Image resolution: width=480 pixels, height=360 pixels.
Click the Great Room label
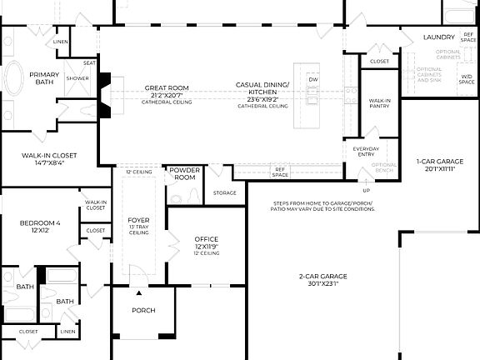click(x=167, y=87)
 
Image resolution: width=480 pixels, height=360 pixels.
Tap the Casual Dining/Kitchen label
click(x=262, y=88)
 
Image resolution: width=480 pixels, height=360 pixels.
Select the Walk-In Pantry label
click(x=380, y=102)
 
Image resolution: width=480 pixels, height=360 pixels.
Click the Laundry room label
click(x=438, y=37)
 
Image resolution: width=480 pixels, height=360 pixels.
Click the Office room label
click(x=206, y=239)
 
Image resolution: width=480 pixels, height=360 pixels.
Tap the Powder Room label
click(x=184, y=173)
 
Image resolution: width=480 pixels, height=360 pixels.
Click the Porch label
click(x=144, y=310)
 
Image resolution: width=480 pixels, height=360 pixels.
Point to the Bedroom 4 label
click(x=41, y=222)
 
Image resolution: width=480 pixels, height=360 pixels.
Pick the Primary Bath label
click(x=44, y=78)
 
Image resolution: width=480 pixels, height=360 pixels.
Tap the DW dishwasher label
click(x=313, y=79)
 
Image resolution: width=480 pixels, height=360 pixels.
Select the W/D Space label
click(x=467, y=80)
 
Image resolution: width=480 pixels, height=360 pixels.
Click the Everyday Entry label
click(x=366, y=152)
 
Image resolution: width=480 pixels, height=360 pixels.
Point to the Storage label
click(x=225, y=192)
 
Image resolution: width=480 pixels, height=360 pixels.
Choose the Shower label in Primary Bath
click(x=78, y=78)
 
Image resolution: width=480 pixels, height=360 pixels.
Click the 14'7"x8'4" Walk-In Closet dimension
click(x=50, y=163)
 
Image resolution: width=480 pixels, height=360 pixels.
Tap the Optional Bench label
click(x=384, y=167)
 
